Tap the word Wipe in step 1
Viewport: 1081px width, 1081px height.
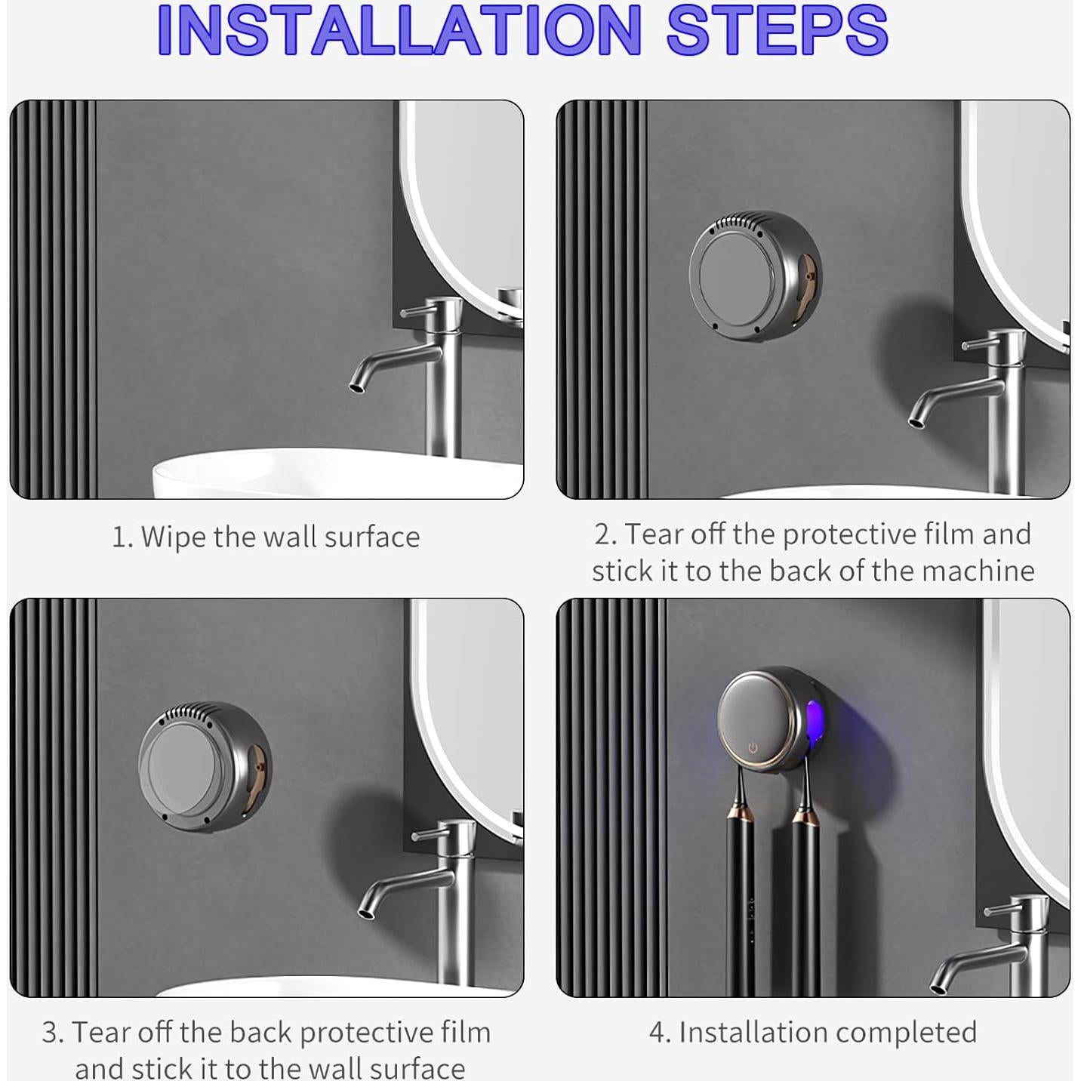[x=174, y=537]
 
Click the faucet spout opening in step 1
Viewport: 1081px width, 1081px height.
[x=355, y=387]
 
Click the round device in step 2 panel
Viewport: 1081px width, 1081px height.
[x=755, y=276]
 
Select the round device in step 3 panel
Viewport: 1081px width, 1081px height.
[x=205, y=768]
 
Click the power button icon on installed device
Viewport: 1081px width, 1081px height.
[x=753, y=748]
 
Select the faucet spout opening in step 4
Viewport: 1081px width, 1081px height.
[x=935, y=988]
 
